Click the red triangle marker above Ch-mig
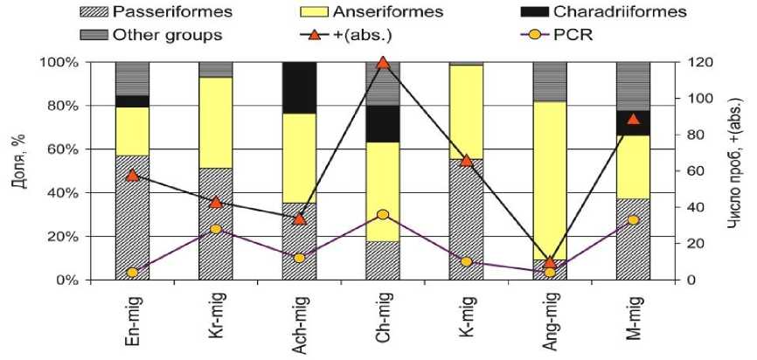[382, 63]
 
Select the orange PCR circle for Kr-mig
[215, 229]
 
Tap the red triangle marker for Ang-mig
[550, 262]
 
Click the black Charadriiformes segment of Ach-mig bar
[299, 88]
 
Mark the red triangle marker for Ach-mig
[299, 218]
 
